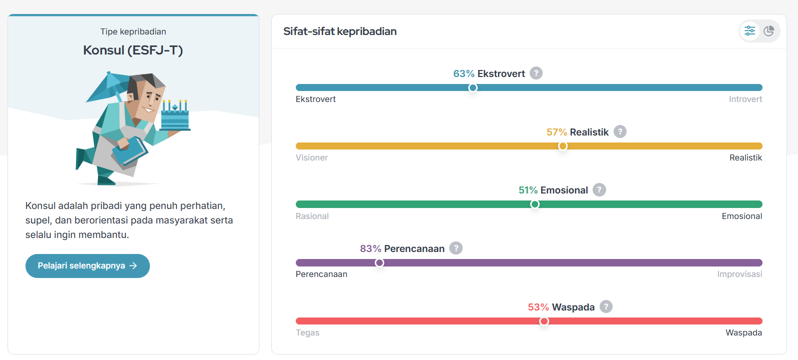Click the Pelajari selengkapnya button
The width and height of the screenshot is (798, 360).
87,266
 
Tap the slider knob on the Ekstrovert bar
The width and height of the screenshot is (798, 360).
473,88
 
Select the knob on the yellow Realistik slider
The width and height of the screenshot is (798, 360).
563,146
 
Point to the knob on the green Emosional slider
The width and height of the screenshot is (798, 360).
535,204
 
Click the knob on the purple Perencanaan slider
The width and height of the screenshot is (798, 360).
380,263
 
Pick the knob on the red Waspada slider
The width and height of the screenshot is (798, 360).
544,321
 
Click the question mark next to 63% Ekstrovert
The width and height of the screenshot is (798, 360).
536,73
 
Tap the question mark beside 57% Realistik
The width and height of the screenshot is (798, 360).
620,132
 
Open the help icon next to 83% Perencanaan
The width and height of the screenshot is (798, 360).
456,248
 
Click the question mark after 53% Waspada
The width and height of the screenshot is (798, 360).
606,307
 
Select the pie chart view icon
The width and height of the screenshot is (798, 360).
769,31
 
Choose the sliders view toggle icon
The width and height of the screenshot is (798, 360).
750,31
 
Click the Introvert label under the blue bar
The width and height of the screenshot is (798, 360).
745,99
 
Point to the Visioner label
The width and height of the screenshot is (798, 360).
312,158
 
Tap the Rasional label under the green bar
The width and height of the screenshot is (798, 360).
312,216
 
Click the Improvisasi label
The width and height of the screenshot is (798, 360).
740,274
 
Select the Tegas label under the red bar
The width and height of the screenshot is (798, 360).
307,333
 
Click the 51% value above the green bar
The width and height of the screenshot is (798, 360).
528,190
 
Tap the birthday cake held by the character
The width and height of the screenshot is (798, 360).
175,117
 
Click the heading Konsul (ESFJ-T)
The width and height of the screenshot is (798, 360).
133,50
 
